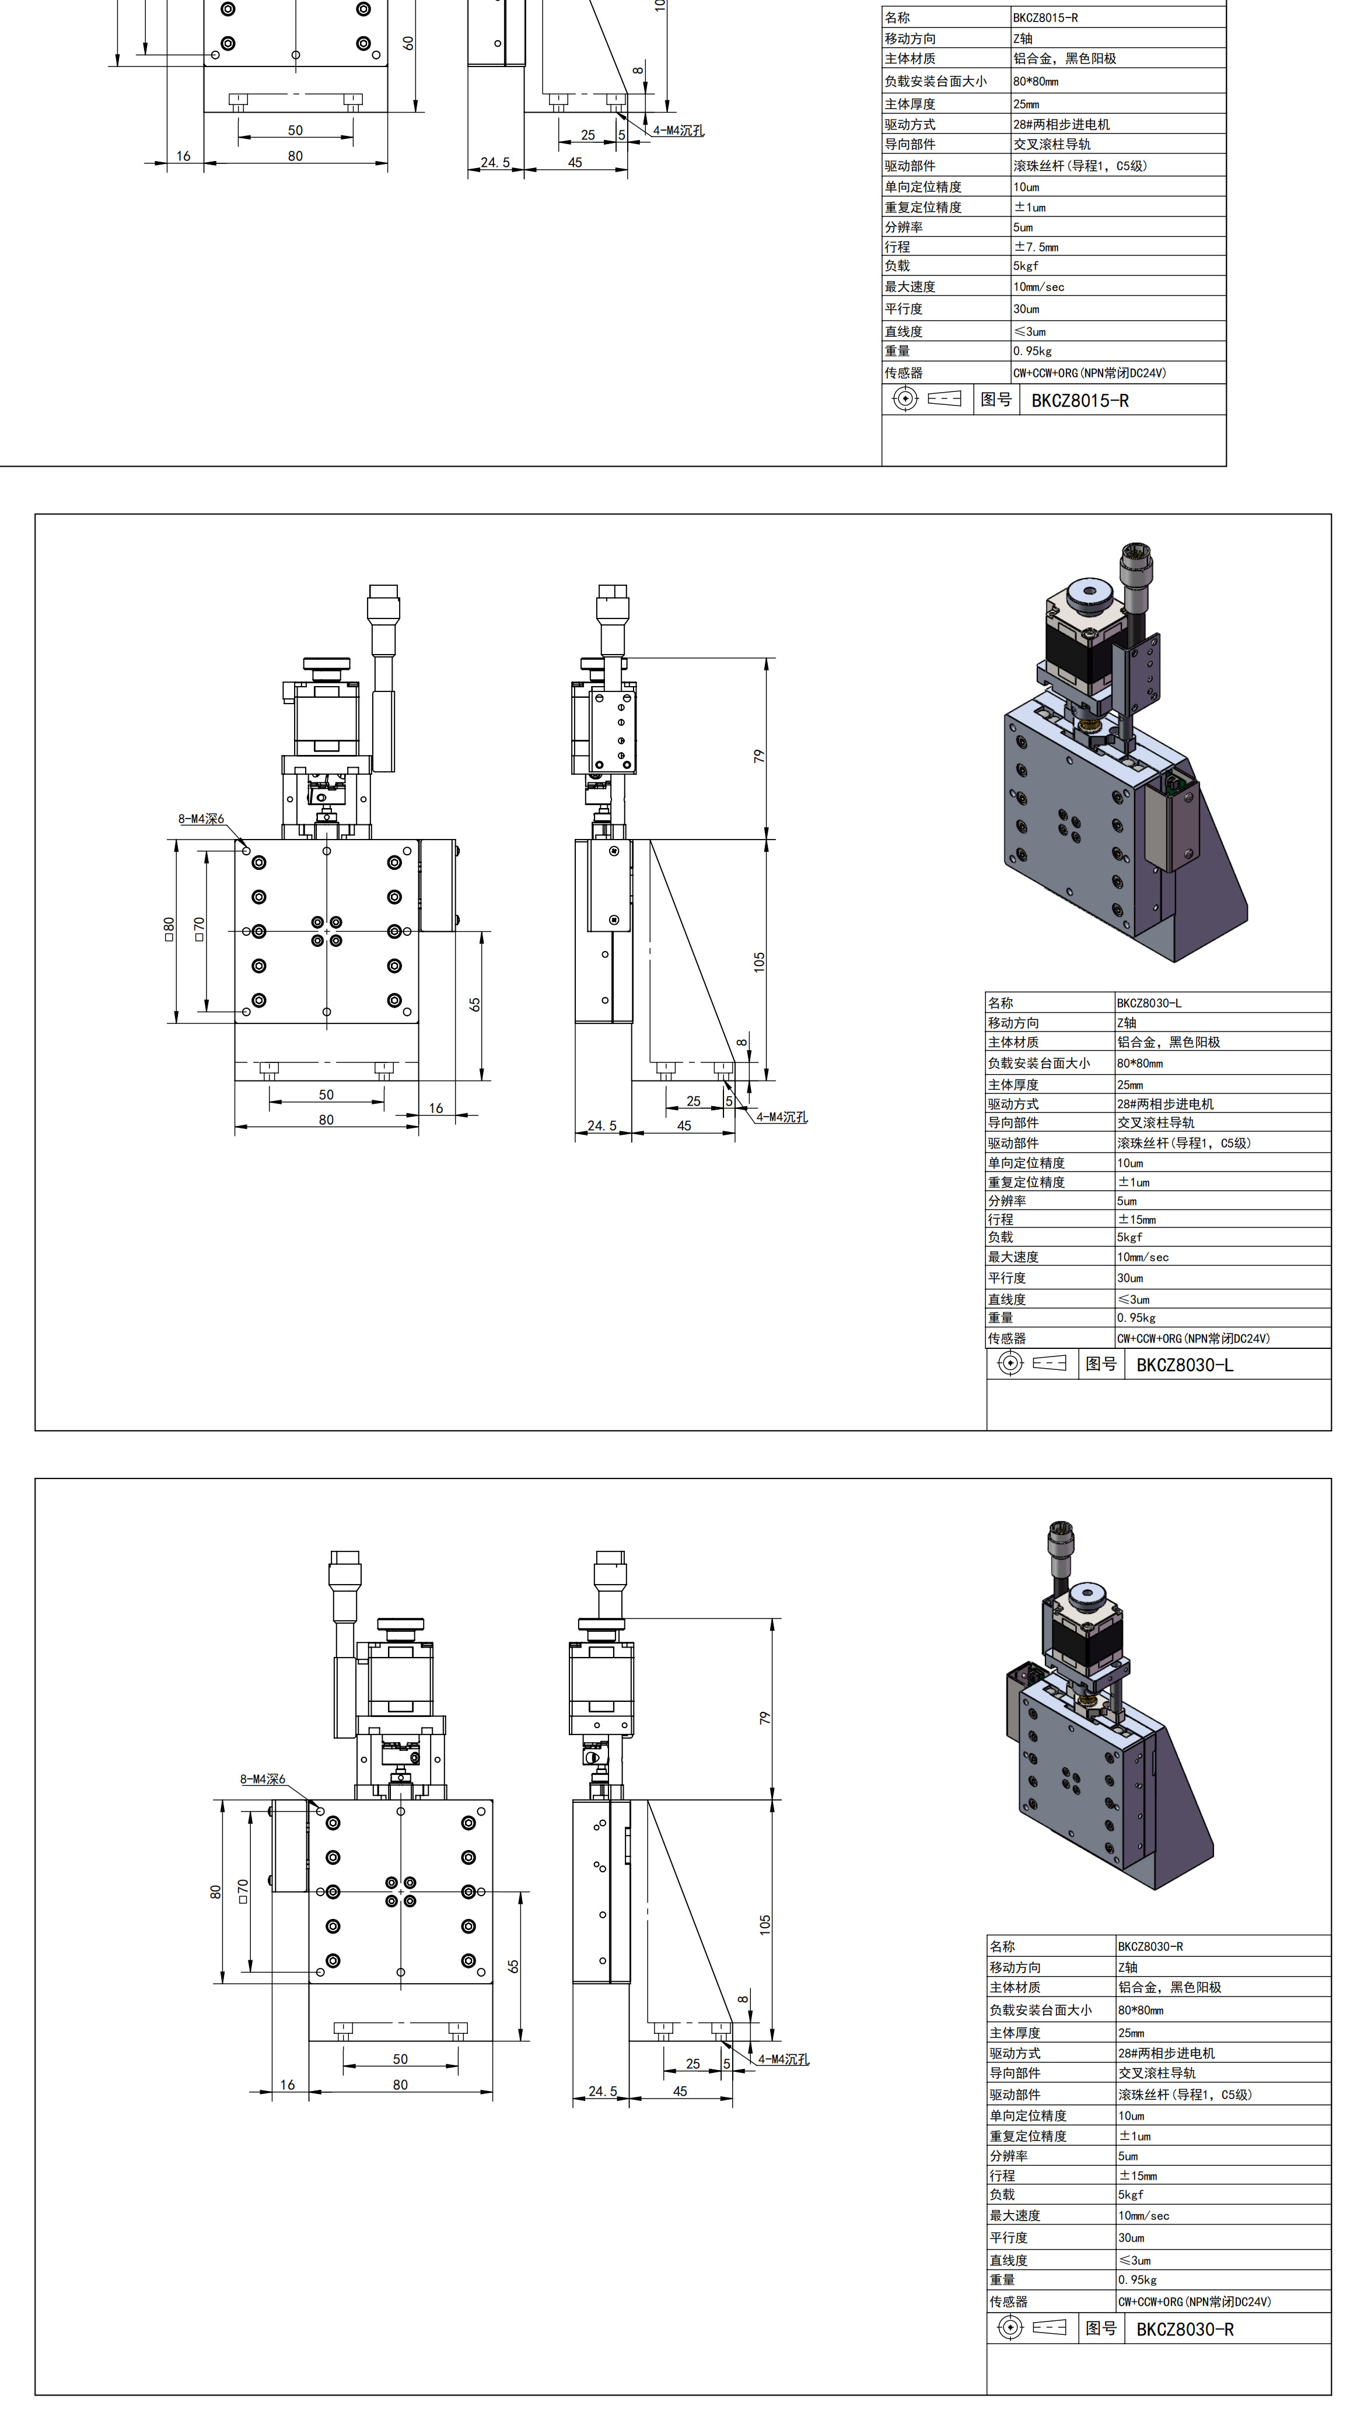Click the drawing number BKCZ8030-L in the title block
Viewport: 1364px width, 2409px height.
tap(1184, 1365)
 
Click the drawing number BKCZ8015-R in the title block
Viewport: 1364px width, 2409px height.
tap(1079, 401)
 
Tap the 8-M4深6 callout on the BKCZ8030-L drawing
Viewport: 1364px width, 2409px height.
tap(201, 819)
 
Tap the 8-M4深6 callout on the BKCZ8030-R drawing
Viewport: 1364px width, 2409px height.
tap(263, 1779)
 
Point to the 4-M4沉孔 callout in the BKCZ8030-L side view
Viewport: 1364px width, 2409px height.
tap(781, 1117)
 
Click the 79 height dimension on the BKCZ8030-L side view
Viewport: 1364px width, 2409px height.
tap(759, 755)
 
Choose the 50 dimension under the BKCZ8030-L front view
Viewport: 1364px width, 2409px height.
tap(326, 1094)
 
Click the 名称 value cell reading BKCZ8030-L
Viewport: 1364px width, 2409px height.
tap(1149, 1003)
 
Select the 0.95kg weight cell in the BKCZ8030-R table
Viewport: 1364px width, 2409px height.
tap(1137, 2279)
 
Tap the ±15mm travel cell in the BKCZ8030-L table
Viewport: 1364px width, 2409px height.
tap(1136, 1219)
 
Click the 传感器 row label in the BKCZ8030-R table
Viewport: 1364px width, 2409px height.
tap(1008, 2301)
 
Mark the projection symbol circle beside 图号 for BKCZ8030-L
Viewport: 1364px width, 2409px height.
tap(1010, 1363)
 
